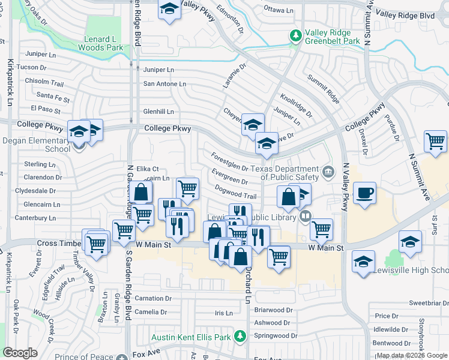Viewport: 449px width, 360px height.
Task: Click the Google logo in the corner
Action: (x=20, y=353)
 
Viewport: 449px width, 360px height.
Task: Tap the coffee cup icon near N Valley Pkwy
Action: (x=364, y=193)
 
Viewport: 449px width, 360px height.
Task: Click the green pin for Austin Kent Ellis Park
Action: (x=240, y=337)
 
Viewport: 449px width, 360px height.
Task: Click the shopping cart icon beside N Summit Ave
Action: (x=435, y=142)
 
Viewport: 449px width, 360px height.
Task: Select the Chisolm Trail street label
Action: (x=44, y=83)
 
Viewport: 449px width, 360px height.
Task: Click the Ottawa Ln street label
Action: (x=279, y=10)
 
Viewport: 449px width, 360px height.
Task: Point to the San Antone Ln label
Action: (x=164, y=83)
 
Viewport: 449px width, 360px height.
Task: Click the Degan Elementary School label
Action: (x=36, y=144)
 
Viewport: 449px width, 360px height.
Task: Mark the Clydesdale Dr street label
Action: (x=35, y=191)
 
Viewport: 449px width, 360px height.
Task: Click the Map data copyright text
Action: (x=412, y=355)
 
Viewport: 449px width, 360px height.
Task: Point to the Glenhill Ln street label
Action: (x=158, y=112)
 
